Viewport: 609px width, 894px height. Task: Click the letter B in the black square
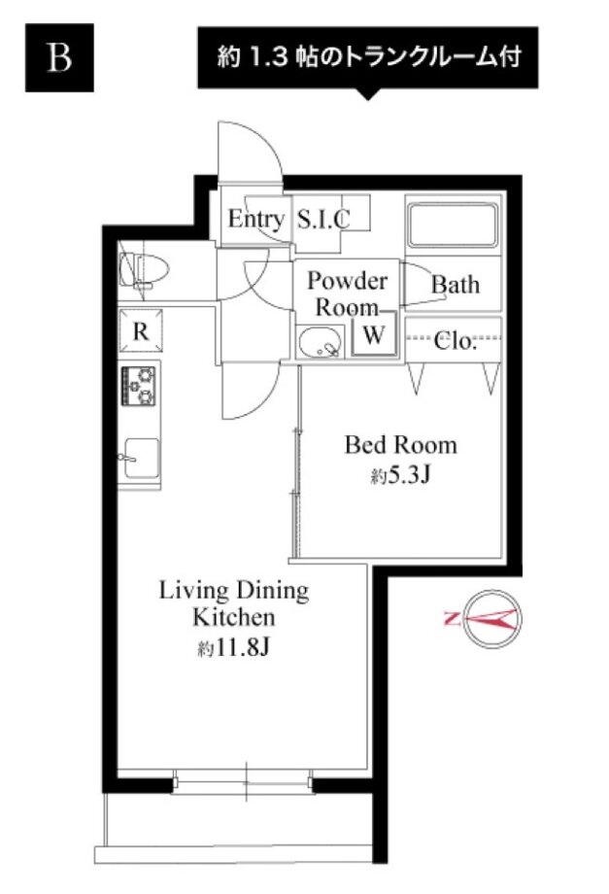coord(59,57)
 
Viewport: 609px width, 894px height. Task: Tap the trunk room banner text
coord(368,57)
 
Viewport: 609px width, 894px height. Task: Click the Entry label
coord(255,219)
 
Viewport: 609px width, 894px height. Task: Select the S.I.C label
coord(323,219)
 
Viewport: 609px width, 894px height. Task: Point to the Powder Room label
coord(347,293)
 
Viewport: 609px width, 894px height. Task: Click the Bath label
coord(455,284)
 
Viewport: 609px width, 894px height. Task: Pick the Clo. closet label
coord(454,341)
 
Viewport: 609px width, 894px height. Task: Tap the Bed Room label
coord(400,445)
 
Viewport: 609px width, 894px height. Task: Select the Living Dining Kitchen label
coord(233,603)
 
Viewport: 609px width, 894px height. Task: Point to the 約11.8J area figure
coord(233,648)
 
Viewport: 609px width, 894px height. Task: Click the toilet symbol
coord(144,270)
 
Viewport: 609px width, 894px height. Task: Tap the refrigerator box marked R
coord(140,330)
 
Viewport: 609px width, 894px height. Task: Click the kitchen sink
coord(140,458)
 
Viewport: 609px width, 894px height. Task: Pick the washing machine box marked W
coord(374,334)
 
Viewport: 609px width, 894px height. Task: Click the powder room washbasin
coord(321,342)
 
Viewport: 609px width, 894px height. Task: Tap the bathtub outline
coord(453,223)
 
